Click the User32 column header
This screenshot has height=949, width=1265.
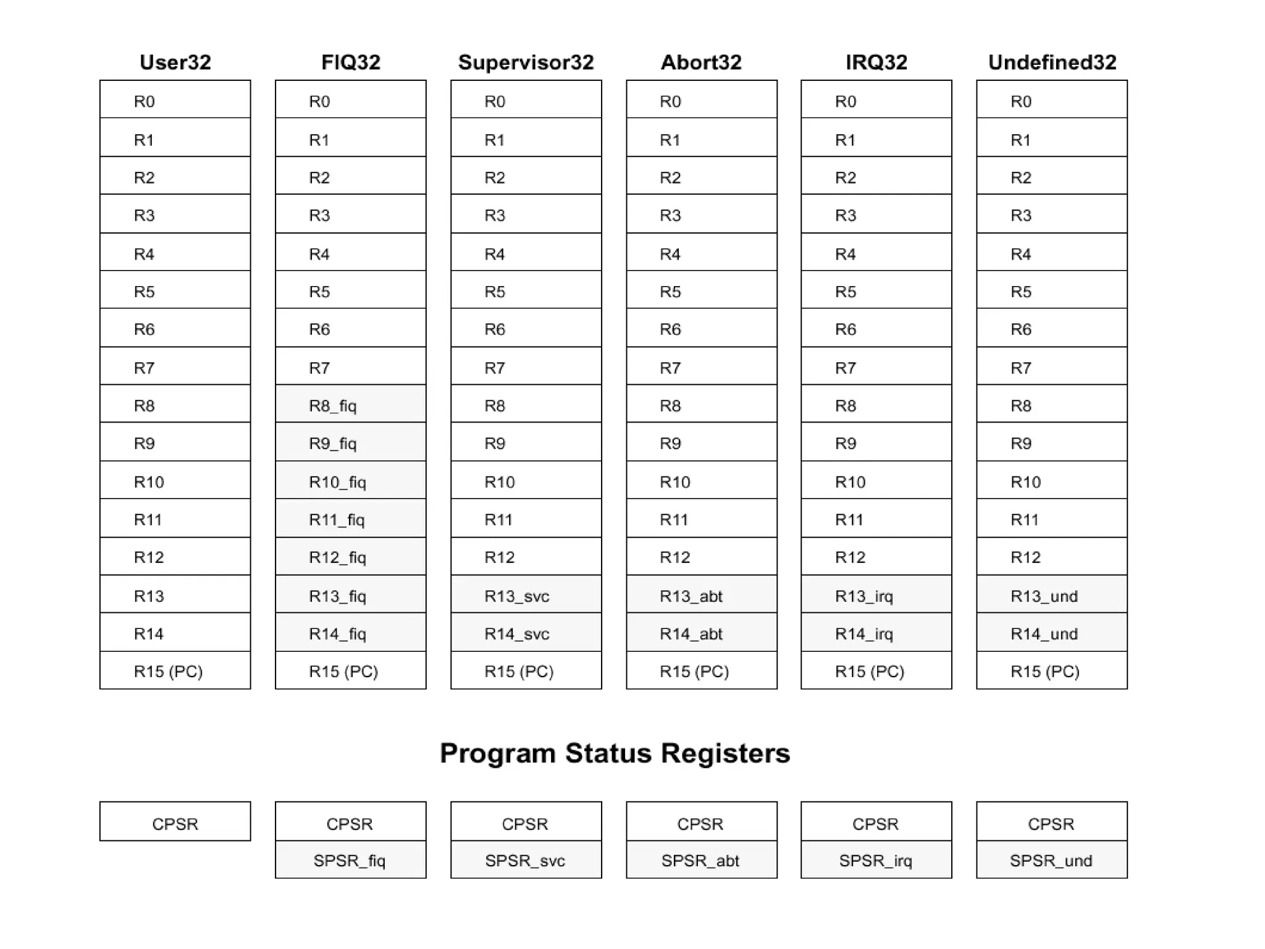click(175, 62)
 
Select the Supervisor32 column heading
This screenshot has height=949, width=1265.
click(526, 62)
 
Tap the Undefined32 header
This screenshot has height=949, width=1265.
click(1052, 62)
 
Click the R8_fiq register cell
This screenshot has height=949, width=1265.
click(350, 405)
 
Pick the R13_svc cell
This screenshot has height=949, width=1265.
click(526, 595)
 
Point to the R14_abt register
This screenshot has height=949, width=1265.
click(701, 633)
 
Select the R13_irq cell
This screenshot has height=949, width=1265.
click(876, 595)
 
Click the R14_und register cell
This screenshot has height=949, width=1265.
click(1051, 633)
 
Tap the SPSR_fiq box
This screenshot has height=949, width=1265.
click(350, 860)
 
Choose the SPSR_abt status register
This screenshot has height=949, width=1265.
click(701, 860)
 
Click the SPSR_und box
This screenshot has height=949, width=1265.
click(1051, 860)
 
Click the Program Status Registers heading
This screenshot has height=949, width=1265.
click(615, 753)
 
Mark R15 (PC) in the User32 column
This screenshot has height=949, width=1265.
click(175, 671)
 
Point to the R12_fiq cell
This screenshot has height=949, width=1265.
click(350, 557)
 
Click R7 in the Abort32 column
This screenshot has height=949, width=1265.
click(701, 367)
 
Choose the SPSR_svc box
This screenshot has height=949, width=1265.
click(526, 860)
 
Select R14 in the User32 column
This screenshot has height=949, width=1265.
click(175, 633)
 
